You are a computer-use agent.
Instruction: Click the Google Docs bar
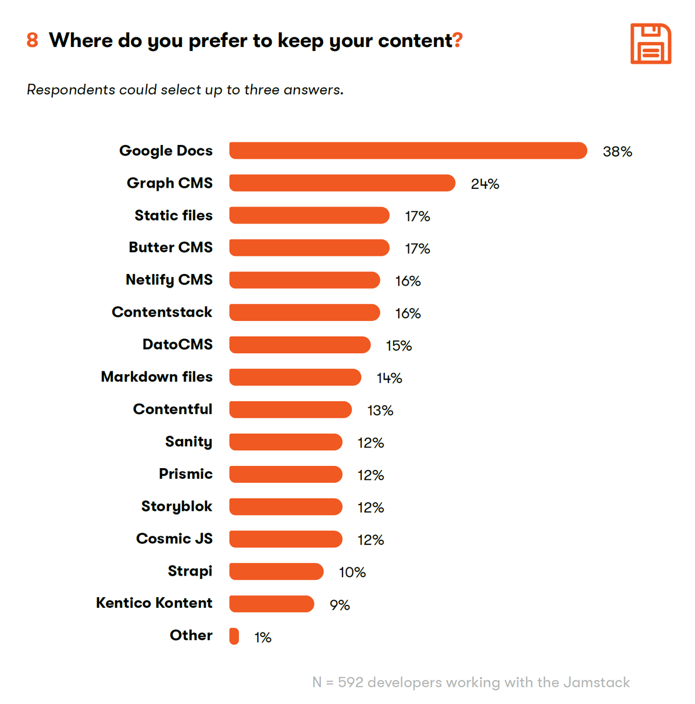(408, 151)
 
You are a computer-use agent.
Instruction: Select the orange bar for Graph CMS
(342, 183)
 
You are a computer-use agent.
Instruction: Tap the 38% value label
(617, 152)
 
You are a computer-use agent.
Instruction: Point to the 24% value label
(484, 184)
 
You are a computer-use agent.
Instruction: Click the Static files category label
(174, 215)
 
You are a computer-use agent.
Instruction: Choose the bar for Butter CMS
(309, 248)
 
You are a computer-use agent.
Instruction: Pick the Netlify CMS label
(169, 280)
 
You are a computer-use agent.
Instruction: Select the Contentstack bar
(304, 312)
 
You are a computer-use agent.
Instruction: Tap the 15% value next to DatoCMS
(399, 346)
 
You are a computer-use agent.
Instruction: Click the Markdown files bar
(295, 377)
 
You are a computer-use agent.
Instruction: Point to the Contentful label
(172, 409)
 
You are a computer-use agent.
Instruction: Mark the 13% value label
(380, 411)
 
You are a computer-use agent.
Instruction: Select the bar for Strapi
(276, 571)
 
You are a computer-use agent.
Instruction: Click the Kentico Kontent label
(154, 603)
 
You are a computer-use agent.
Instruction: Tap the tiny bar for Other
(234, 636)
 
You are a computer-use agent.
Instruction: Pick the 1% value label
(263, 638)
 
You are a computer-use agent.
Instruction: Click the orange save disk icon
(650, 44)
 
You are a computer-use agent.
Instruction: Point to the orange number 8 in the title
(32, 40)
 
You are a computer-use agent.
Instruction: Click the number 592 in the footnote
(351, 682)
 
